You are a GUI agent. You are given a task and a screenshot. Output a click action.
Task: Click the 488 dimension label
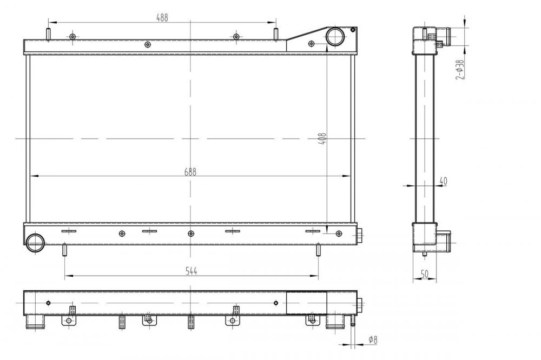pos(162,18)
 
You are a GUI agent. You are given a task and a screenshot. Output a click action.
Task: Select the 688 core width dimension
pos(190,172)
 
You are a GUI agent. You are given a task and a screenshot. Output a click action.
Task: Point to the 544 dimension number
pos(191,271)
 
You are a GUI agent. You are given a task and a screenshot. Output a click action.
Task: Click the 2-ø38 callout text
pos(460,70)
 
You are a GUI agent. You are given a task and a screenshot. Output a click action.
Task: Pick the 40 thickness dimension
pos(443,181)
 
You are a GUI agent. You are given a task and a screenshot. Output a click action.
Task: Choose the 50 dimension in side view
pos(425,274)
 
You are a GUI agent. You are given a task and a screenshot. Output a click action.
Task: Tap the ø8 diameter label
pos(373,340)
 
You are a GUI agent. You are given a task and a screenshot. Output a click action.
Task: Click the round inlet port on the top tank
pos(335,37)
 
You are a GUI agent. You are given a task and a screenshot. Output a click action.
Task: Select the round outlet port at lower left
pos(35,243)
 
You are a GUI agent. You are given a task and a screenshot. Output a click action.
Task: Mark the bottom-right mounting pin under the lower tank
pos(318,250)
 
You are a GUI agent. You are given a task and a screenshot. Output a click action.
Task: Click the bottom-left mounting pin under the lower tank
pos(64,250)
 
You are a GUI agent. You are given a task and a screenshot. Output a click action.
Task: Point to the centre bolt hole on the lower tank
pos(191,234)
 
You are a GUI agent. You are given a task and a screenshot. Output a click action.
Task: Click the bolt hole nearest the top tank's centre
pos(147,44)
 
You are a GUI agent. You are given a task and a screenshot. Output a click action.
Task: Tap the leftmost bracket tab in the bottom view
pos(69,321)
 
